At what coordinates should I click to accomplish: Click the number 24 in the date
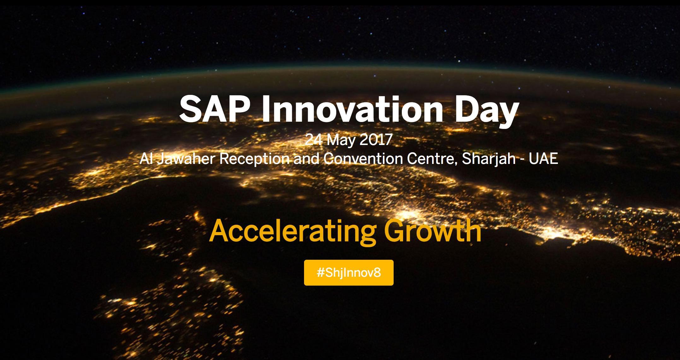[314, 140]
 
